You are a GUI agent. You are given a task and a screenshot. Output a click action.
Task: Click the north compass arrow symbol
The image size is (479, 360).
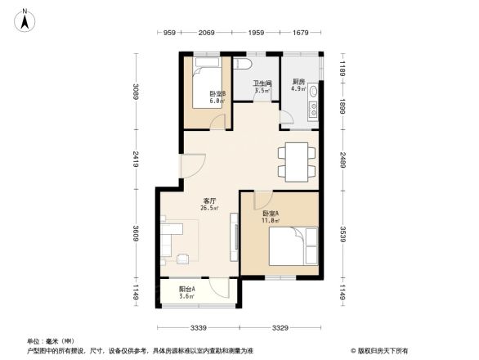pyautogui.click(x=26, y=18)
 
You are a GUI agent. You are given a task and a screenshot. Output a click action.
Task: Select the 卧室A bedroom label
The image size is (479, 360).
pyautogui.click(x=271, y=216)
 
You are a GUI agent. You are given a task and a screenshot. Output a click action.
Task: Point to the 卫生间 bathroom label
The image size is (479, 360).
pyautogui.click(x=262, y=86)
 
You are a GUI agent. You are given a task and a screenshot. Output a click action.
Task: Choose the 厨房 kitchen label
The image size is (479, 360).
pyautogui.click(x=298, y=85)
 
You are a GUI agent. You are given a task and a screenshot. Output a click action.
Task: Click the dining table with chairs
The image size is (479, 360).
pyautogui.click(x=295, y=160)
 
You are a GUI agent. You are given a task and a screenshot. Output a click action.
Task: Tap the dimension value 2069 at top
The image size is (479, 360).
pyautogui.click(x=206, y=33)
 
